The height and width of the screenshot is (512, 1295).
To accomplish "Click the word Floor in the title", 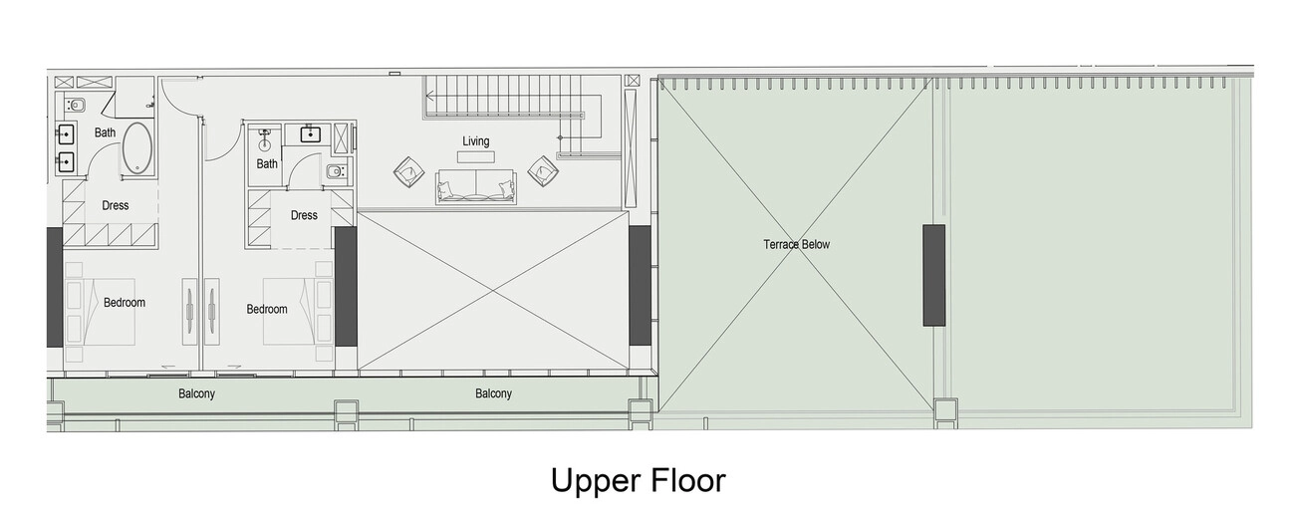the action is [x=688, y=481].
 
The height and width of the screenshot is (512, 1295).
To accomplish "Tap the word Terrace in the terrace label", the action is [x=780, y=244].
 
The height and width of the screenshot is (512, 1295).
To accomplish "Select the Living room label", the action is [x=476, y=141].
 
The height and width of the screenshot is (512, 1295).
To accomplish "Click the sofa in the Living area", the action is [x=476, y=186].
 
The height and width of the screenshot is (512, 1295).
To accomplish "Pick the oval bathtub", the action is [x=137, y=148].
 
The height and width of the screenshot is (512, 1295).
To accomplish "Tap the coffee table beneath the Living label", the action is [x=476, y=157].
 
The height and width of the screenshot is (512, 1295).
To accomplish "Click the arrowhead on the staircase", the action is [x=430, y=96].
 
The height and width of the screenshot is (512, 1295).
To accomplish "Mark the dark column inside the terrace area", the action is [x=933, y=275].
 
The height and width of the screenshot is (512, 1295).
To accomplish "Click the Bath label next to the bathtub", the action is [x=105, y=132].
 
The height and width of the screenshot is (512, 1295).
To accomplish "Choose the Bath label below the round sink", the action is [x=267, y=164].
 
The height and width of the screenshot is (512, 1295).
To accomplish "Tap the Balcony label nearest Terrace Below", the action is [x=494, y=393].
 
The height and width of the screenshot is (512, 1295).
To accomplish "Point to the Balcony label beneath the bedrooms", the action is [x=196, y=394].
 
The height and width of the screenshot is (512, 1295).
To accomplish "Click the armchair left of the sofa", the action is [x=409, y=171].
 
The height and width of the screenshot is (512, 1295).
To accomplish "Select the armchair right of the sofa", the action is [x=543, y=171].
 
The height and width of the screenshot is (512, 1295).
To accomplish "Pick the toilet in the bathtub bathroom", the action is [x=75, y=106].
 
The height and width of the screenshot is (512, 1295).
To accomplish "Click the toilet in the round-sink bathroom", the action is [x=336, y=171].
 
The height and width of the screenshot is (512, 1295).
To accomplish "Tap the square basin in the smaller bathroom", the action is [x=311, y=134].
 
